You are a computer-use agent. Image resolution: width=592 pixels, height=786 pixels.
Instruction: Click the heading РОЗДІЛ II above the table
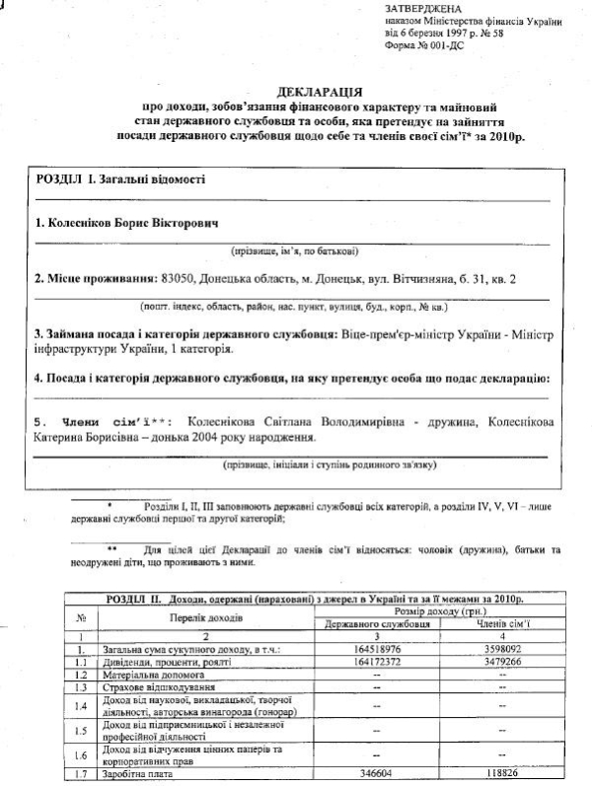tap(138, 599)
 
